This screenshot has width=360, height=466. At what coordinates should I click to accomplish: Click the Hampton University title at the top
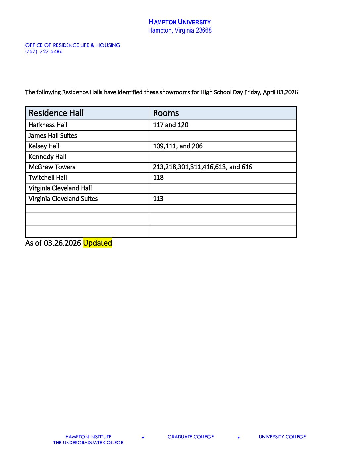pyautogui.click(x=180, y=22)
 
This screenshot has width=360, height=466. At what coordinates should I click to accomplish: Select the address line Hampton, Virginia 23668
pyautogui.click(x=180, y=31)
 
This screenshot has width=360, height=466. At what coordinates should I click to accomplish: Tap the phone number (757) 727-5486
pyautogui.click(x=44, y=52)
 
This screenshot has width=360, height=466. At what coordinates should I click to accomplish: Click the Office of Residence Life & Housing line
pyautogui.click(x=73, y=45)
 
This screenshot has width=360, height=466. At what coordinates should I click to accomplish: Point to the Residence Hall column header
pyautogui.click(x=56, y=113)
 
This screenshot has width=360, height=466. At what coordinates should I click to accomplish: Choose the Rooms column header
pyautogui.click(x=166, y=113)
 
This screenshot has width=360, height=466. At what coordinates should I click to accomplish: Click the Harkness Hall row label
pyautogui.click(x=48, y=125)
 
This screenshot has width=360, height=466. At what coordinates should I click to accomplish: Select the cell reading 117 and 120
pyautogui.click(x=170, y=125)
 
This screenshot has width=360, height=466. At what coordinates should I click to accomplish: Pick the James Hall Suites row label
pyautogui.click(x=53, y=136)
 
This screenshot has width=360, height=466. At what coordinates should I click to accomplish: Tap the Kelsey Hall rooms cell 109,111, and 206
pyautogui.click(x=178, y=146)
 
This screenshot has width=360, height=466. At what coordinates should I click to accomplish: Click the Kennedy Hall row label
pyautogui.click(x=47, y=157)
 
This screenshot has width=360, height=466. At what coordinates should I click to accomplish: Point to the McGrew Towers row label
pyautogui.click(x=52, y=167)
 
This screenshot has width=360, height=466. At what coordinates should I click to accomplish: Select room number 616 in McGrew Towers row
pyautogui.click(x=247, y=167)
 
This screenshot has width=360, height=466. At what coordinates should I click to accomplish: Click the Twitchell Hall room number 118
pyautogui.click(x=158, y=178)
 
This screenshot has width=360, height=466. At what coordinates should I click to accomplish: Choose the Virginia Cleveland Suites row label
pyautogui.click(x=63, y=199)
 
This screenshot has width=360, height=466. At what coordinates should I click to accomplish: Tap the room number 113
pyautogui.click(x=158, y=199)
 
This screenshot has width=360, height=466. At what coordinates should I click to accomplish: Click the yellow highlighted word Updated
pyautogui.click(x=97, y=243)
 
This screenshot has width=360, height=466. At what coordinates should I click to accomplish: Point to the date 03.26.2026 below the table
pyautogui.click(x=63, y=243)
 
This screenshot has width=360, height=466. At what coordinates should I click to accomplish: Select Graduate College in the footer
pyautogui.click(x=191, y=437)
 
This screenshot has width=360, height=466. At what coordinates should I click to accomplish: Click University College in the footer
pyautogui.click(x=282, y=437)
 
